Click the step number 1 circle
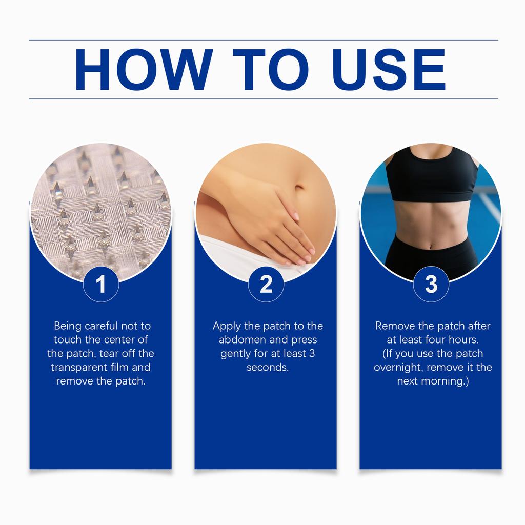(x=101, y=284)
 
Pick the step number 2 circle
(x=266, y=284)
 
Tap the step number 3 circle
(x=431, y=284)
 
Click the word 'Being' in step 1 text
(x=67, y=326)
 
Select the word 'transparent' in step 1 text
(x=78, y=368)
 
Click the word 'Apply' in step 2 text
(x=226, y=326)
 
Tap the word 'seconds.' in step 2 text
(x=268, y=368)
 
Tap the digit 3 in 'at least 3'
(x=311, y=354)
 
